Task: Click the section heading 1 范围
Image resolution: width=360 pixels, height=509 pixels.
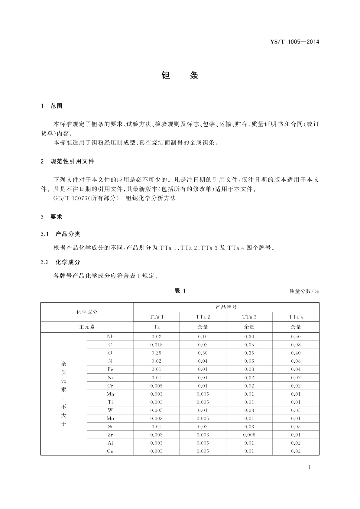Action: tap(52, 106)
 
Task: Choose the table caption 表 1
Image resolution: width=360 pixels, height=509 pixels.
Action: tap(180, 291)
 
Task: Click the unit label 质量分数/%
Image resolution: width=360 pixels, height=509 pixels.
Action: tap(304, 291)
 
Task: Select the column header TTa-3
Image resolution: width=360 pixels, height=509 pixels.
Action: tap(249, 317)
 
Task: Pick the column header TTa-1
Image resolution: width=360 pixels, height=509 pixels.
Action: tap(156, 317)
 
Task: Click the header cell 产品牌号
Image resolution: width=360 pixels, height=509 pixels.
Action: tap(226, 307)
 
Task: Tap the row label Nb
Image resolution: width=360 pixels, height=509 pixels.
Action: tap(110, 337)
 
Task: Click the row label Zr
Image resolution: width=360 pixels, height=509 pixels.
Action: tap(110, 435)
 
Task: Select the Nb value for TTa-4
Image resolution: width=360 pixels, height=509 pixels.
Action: tap(296, 337)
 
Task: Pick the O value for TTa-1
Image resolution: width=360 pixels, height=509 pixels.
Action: tap(156, 353)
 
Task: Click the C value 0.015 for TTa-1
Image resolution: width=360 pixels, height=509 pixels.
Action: tap(156, 345)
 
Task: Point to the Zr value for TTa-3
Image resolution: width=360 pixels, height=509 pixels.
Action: tap(249, 435)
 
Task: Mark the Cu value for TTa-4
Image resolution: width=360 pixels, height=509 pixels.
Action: tap(296, 451)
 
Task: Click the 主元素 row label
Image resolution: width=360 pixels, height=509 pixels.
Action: tap(87, 327)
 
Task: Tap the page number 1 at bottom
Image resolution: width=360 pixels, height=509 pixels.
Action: tap(310, 467)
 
